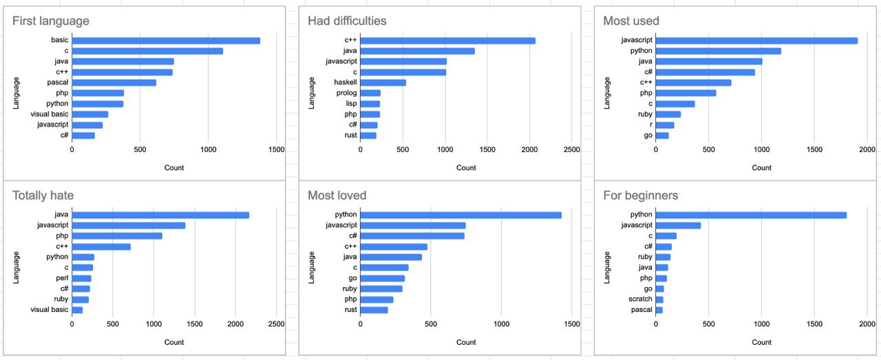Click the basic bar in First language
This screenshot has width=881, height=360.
coord(166,41)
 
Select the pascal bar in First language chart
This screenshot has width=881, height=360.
coord(114,83)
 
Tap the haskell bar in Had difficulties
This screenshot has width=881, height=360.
coord(383,83)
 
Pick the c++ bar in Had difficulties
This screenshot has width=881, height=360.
coord(447,41)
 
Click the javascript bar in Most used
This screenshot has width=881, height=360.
coord(756,41)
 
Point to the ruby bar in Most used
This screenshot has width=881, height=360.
coord(668,114)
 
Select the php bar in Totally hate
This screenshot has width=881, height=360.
coord(117,236)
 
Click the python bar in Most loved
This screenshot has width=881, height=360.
coord(461,215)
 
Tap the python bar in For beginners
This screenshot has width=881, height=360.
coord(751,215)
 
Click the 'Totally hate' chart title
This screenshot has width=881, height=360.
coord(43,195)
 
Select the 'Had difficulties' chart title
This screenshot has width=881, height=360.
coord(347,21)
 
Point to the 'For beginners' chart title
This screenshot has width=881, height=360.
coord(640,195)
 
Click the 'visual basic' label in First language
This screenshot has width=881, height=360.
coord(49,114)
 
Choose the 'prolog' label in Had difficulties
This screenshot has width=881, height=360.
coord(346,93)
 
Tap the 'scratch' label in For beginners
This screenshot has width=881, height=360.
coord(640,299)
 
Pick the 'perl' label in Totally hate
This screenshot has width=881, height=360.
coord(62,278)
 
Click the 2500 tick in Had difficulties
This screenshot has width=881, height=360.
coord(571,149)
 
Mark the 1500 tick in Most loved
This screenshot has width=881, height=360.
coord(571,324)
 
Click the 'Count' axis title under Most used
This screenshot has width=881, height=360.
coord(761,167)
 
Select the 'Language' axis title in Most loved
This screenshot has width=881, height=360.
coord(311,268)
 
